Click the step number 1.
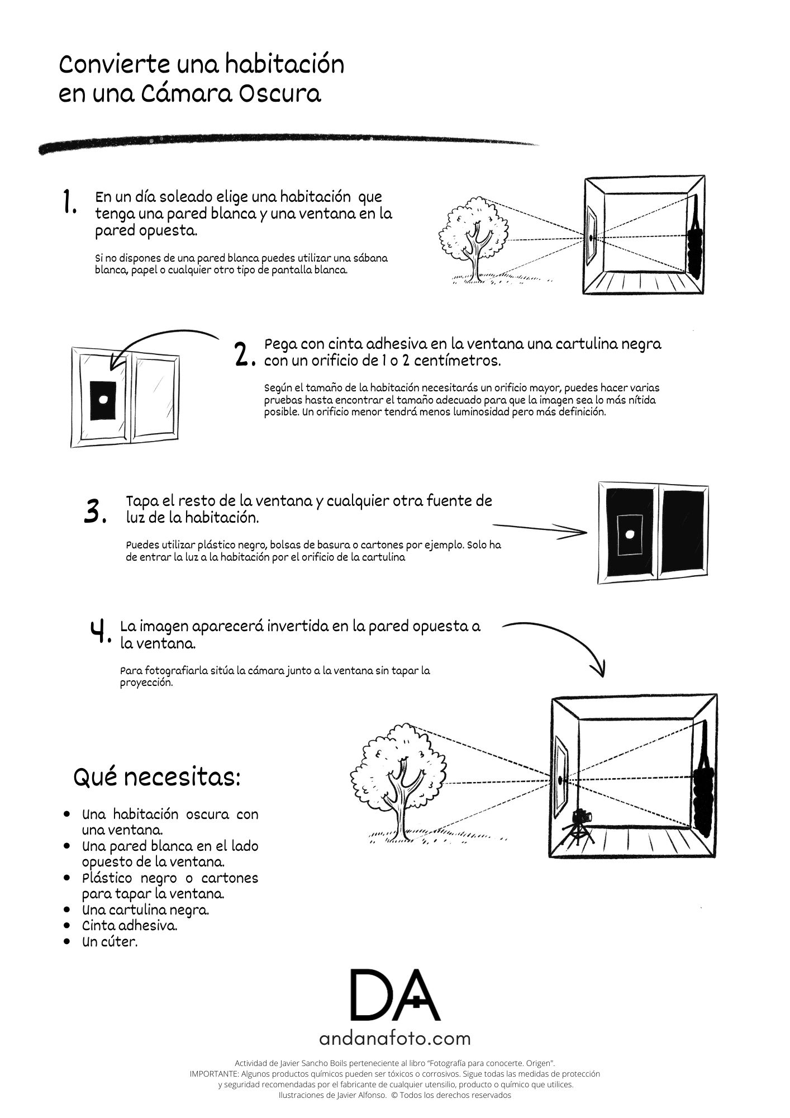(70, 202)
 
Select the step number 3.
(94, 511)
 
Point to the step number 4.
(101, 632)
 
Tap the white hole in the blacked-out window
(629, 534)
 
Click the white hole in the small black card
(103, 399)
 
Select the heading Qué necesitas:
(157, 777)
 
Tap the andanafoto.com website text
(395, 1039)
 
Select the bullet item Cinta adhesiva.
(130, 925)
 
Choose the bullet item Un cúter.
(110, 941)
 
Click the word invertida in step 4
(296, 626)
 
